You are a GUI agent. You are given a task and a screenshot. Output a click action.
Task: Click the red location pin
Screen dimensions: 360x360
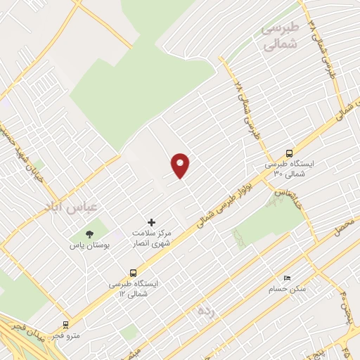pyautogui.click(x=181, y=165)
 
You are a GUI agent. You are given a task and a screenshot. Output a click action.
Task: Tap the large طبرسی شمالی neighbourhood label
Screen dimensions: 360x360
pyautogui.click(x=280, y=37)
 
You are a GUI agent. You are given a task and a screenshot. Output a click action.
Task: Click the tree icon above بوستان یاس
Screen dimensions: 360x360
pyautogui.click(x=89, y=234)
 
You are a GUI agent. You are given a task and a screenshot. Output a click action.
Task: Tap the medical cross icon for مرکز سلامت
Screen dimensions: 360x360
pyautogui.click(x=151, y=222)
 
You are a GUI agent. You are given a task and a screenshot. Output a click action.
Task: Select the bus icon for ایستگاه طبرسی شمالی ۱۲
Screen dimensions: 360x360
pyautogui.click(x=134, y=273)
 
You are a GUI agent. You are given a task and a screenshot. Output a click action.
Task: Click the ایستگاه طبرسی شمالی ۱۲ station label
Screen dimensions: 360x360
pyautogui.click(x=134, y=288)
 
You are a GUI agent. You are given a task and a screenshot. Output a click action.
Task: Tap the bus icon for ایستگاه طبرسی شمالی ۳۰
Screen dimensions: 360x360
pyautogui.click(x=290, y=153)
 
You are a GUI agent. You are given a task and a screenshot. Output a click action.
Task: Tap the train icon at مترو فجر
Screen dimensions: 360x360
pyautogui.click(x=66, y=326)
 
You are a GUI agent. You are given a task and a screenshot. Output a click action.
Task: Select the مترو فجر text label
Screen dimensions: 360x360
pyautogui.click(x=68, y=335)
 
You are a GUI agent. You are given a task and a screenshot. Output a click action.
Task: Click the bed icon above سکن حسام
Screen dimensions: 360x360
pyautogui.click(x=285, y=278)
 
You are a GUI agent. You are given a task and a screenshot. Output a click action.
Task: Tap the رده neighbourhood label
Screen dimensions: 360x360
pyautogui.click(x=205, y=309)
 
